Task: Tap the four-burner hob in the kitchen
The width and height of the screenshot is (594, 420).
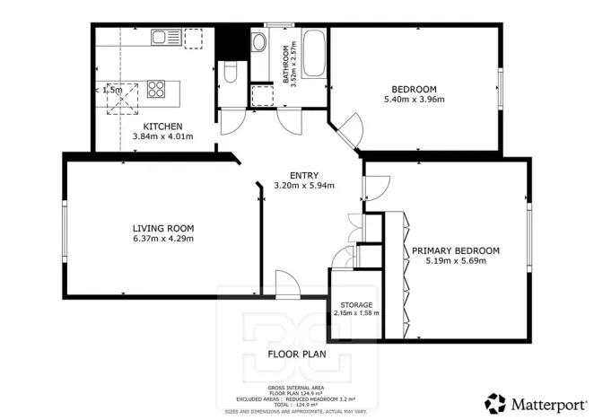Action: click(x=156, y=89)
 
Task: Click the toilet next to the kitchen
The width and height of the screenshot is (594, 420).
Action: click(x=229, y=74)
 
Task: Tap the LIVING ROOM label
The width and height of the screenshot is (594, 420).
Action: click(x=163, y=228)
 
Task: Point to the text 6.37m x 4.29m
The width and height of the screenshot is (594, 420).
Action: click(x=163, y=239)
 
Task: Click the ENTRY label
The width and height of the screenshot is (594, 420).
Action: click(x=303, y=176)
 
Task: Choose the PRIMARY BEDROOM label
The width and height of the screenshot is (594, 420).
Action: click(x=456, y=250)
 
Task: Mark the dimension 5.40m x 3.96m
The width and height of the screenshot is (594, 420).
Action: click(x=414, y=100)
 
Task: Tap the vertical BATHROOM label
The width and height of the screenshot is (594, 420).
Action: click(x=287, y=64)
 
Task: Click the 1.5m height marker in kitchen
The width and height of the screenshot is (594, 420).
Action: click(x=111, y=90)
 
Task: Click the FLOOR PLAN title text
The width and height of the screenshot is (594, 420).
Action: click(x=297, y=354)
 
